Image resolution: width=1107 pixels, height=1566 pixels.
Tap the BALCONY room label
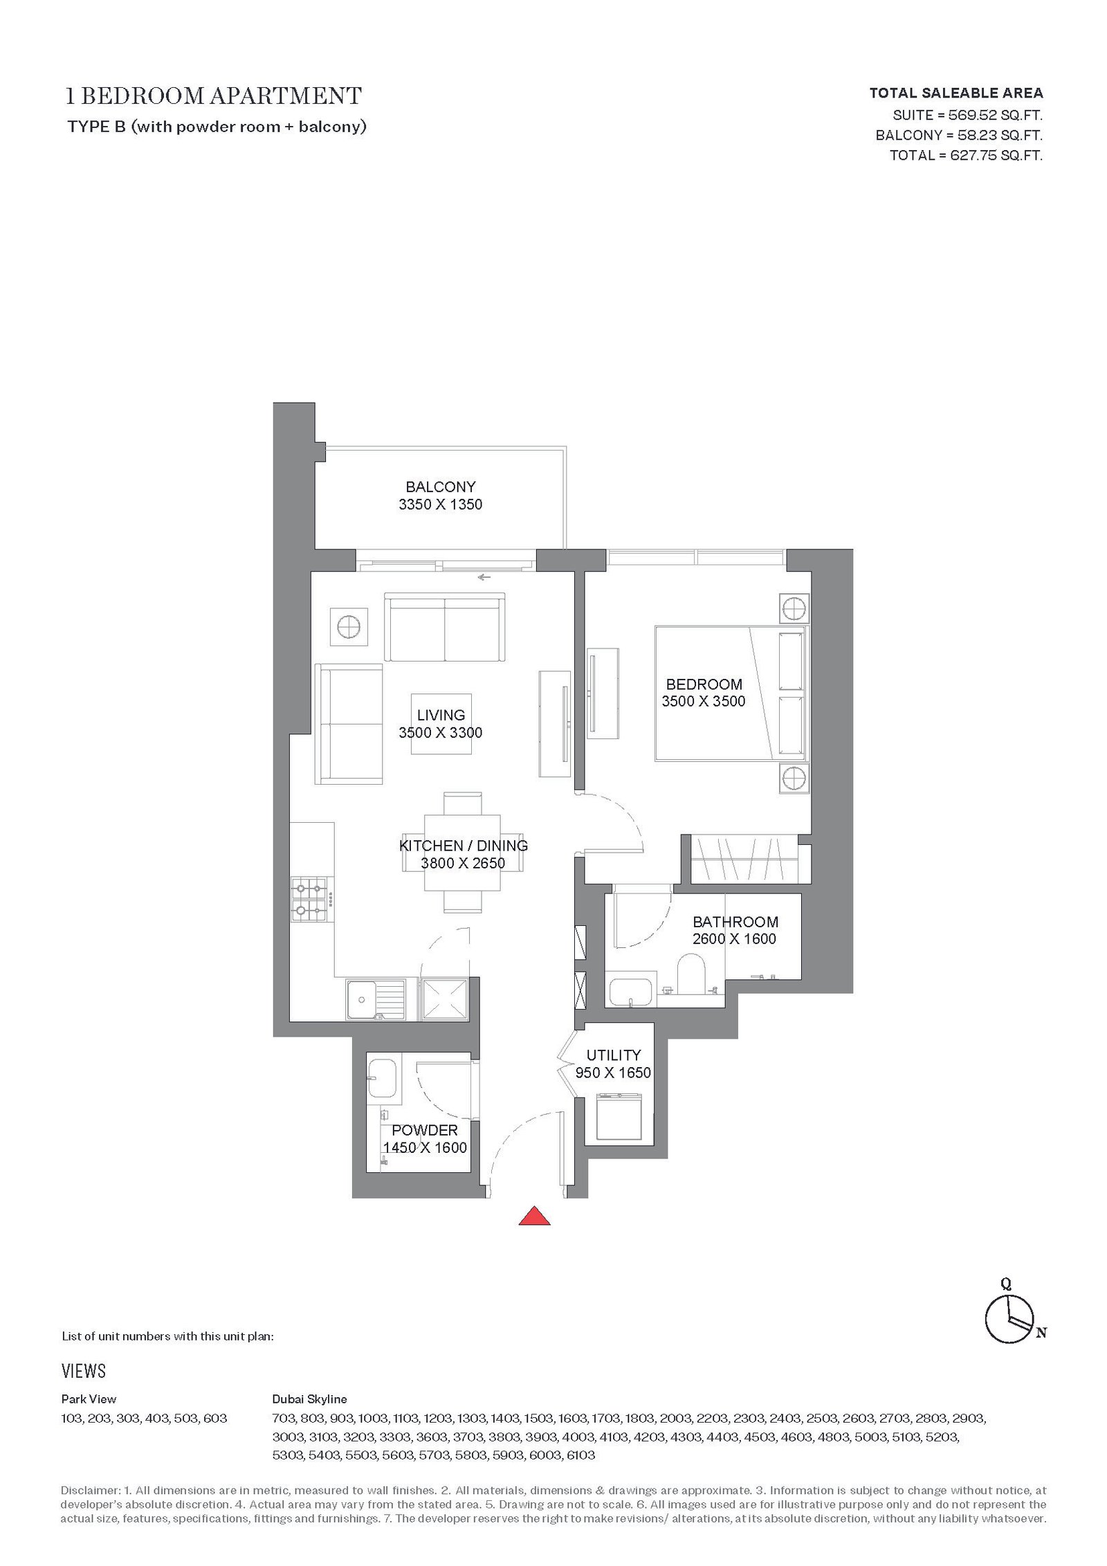441,487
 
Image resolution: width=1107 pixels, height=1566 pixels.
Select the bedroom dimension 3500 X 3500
704,701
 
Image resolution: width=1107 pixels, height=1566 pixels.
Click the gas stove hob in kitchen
309,900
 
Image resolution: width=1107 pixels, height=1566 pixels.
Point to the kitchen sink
376,1000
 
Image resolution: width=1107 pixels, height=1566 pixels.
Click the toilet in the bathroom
690,974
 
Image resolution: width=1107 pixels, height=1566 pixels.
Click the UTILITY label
614,1055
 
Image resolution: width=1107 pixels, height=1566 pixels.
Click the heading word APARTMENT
286,95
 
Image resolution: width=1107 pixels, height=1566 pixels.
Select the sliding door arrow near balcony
484,577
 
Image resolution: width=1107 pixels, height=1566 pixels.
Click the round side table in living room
349,627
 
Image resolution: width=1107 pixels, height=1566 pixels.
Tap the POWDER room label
425,1130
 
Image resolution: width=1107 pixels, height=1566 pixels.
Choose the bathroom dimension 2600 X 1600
734,939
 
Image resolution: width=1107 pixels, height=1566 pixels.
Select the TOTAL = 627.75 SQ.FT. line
966,156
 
